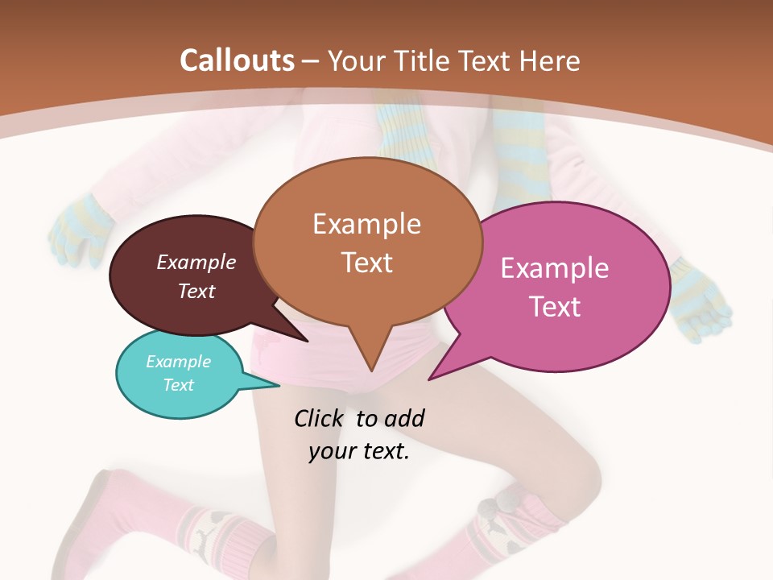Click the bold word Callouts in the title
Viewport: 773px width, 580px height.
click(x=237, y=60)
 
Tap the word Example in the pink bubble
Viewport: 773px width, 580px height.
click(x=555, y=268)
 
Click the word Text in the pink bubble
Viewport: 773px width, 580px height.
click(x=555, y=307)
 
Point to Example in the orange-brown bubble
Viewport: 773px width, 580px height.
click(x=366, y=224)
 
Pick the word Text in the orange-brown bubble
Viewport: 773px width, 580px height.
click(x=366, y=263)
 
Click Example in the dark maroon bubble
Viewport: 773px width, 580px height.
click(x=196, y=262)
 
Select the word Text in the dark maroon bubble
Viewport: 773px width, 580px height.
click(x=196, y=291)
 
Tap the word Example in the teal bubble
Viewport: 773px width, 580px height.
click(x=179, y=362)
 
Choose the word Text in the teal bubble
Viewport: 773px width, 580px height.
click(x=179, y=385)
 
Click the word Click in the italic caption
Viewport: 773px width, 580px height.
click(x=320, y=418)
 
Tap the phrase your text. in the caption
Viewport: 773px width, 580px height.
click(x=359, y=451)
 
